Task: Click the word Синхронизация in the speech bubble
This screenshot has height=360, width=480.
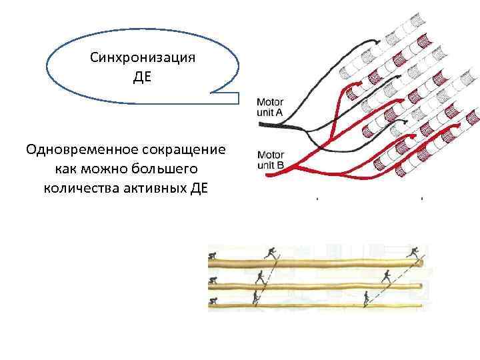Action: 142,57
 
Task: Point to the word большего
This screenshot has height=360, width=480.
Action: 168,167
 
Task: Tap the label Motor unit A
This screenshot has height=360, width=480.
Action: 271,108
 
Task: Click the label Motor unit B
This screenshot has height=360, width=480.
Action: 271,159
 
